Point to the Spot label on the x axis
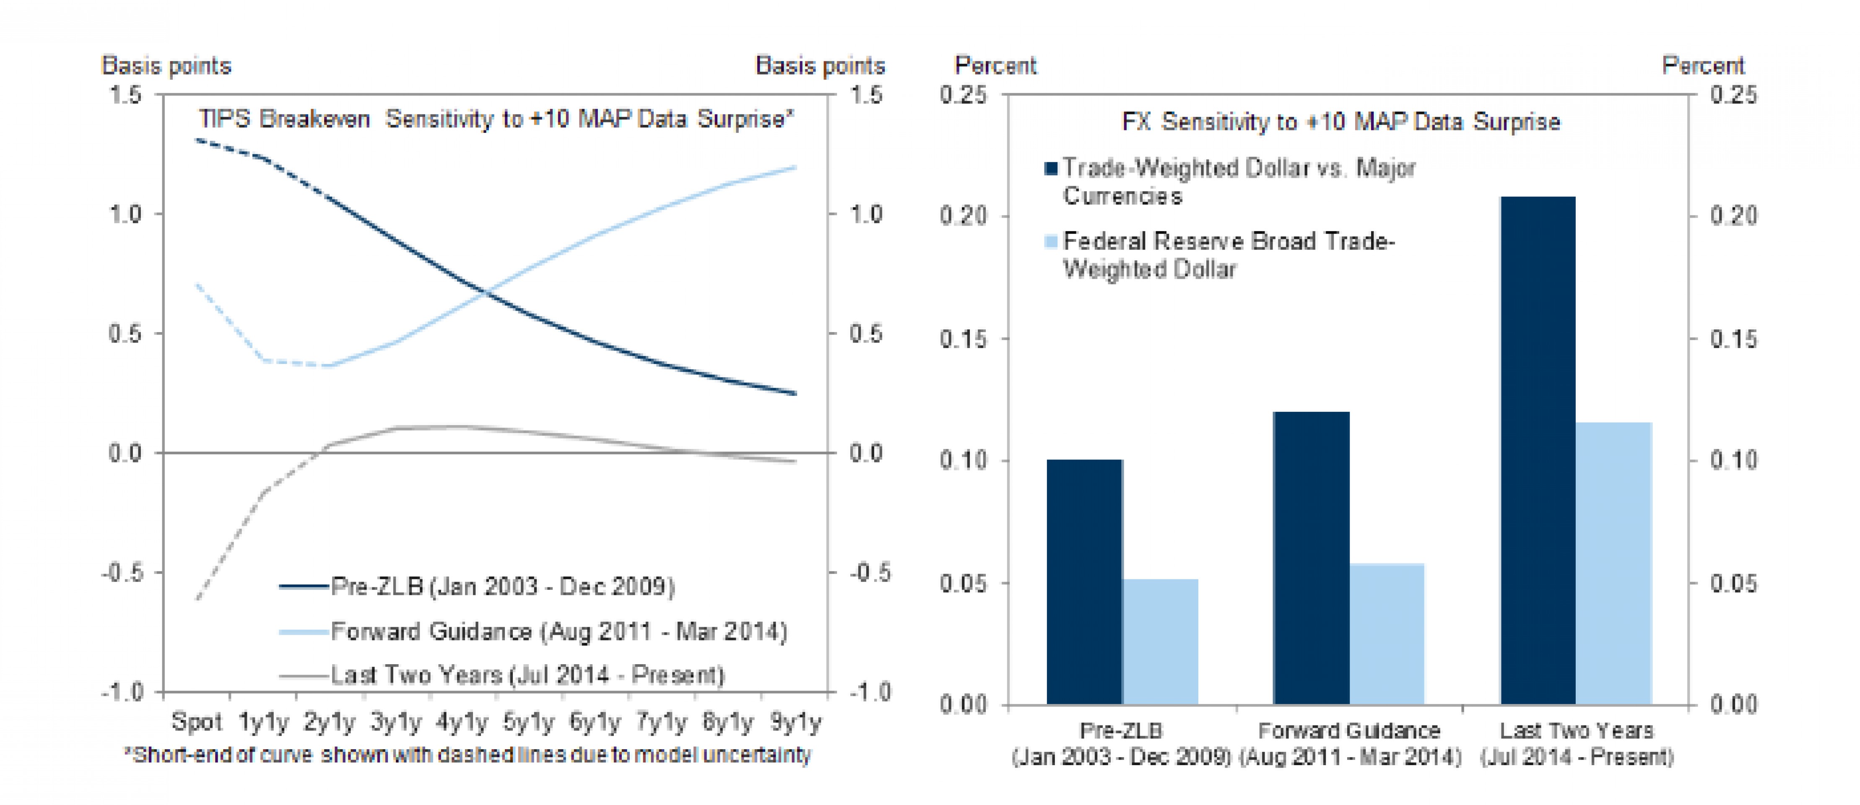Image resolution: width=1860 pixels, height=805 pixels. pyautogui.click(x=196, y=721)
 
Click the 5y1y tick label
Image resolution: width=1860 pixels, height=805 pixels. pyautogui.click(x=528, y=721)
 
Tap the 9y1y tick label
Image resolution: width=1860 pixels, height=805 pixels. pyautogui.click(x=795, y=721)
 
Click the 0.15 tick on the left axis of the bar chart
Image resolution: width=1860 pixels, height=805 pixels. pyautogui.click(x=962, y=339)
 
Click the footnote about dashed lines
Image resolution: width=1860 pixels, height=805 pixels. pyautogui.click(x=468, y=755)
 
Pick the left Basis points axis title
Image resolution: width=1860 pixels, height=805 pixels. pyautogui.click(x=166, y=66)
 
